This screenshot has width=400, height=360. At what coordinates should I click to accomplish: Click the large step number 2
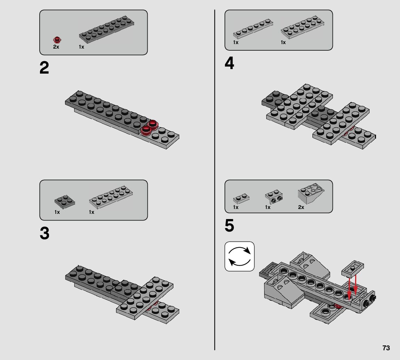44,68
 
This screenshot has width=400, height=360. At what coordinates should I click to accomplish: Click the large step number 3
44,233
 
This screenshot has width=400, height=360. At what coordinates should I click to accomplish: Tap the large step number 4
229,63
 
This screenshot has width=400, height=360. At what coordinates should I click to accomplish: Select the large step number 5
229,226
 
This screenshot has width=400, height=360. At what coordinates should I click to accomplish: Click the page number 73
386,348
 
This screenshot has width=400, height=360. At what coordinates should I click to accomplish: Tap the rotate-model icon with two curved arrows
239,256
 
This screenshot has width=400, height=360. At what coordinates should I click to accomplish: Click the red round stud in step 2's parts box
57,40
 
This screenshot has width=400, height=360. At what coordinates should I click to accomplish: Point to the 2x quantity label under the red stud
56,47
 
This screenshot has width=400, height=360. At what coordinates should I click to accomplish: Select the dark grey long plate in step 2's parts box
106,29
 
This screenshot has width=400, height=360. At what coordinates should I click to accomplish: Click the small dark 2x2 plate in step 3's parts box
65,202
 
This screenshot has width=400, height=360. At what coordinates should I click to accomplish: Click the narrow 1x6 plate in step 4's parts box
253,28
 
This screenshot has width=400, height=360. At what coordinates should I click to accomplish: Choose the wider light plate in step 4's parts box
302,27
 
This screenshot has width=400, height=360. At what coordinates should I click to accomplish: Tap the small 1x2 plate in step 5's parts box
241,199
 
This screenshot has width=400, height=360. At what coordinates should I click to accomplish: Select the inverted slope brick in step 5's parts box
311,193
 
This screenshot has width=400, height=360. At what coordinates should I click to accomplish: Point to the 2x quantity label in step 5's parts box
301,207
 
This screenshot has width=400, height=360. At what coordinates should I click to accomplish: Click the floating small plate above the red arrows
352,269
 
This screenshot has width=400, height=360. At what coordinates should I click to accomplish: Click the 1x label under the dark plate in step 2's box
81,47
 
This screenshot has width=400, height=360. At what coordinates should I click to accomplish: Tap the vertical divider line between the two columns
215,180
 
